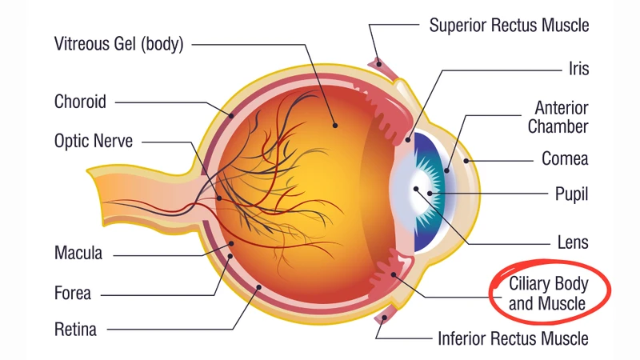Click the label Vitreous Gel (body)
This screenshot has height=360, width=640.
pos(118,44)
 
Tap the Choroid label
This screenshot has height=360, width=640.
pos(80,102)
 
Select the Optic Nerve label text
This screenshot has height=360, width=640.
pos(94,141)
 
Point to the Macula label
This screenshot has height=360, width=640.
pos(78,253)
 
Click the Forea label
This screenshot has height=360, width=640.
pos(72,293)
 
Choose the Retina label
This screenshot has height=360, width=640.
pos(75,330)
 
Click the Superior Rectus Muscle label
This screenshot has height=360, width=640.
pos(509,26)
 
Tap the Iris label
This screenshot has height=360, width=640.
pos(578,69)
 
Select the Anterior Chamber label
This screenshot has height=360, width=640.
pos(558,117)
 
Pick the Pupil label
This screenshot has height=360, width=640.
pos(571,194)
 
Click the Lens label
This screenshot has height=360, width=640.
pos(573,242)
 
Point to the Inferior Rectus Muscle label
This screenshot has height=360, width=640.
pos(513,338)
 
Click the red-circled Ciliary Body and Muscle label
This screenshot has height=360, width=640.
pos(548,294)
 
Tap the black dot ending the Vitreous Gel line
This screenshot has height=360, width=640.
pos(335,126)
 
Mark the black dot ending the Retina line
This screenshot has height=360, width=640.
pos(258,287)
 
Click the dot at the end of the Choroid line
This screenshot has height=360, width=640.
pos(231,115)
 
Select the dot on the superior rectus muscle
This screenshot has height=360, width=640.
pos(379,64)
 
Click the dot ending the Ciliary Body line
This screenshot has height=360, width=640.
pos(394,275)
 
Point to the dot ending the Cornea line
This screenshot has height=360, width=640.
pos(466,161)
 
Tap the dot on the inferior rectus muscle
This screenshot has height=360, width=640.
pos(384,318)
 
